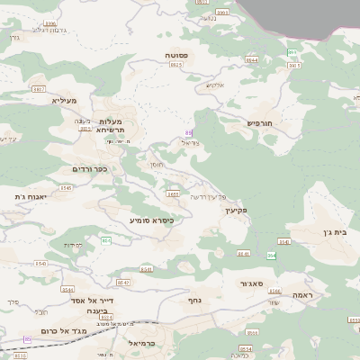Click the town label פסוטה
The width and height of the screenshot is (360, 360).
click(x=176, y=56)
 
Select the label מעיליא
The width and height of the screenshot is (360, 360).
click(x=66, y=100)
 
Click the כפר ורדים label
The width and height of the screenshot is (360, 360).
click(x=89, y=168)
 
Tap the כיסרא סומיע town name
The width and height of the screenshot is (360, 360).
click(x=150, y=220)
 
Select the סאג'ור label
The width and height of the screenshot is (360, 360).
click(x=251, y=283)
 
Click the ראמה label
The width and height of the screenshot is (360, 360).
click(x=302, y=295)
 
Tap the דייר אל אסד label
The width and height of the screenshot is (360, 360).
click(x=89, y=301)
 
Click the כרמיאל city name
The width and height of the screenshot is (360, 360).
click(x=130, y=343)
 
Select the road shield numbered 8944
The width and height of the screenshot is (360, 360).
click(x=251, y=60)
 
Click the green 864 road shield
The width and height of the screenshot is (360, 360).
click(x=271, y=256)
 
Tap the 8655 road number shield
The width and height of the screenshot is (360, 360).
click(x=173, y=193)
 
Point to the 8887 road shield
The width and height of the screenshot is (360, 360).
click(x=38, y=89)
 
